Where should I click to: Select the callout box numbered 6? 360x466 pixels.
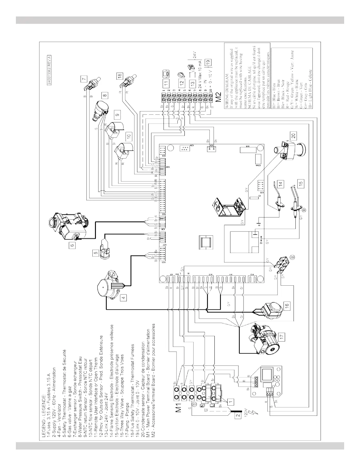[71, 244]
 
